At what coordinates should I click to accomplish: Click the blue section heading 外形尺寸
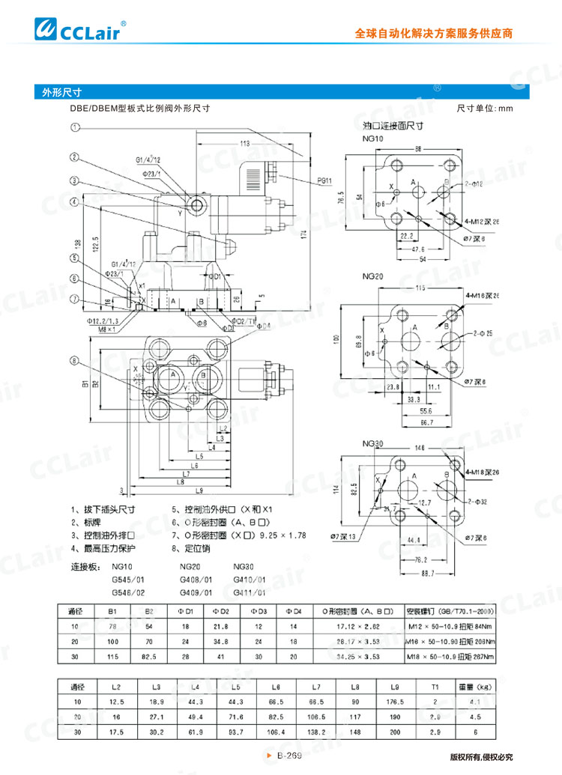click(57, 93)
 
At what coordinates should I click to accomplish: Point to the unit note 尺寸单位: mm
click(484, 109)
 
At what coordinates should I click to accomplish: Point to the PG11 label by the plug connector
click(324, 180)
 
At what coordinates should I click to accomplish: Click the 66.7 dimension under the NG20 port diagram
click(426, 423)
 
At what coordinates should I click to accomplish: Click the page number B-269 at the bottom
click(288, 757)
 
